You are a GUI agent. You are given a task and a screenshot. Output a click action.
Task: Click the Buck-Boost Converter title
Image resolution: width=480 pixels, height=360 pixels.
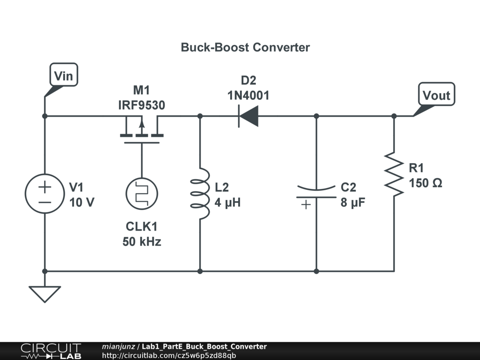tap(245, 47)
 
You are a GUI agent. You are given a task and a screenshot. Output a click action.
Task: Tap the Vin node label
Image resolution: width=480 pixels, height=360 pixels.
tap(64, 75)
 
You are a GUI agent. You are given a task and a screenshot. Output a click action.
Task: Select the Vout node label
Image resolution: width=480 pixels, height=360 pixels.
tap(436, 96)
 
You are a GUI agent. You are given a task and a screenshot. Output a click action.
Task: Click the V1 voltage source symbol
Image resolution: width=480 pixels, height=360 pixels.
tap(45, 194)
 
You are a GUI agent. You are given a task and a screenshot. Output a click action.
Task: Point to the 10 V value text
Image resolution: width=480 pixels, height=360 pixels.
tap(82, 203)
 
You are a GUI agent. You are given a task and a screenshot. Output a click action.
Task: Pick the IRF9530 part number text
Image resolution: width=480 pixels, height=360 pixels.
tap(142, 105)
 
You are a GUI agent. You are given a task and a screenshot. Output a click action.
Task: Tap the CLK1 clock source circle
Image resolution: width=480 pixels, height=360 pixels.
tap(142, 194)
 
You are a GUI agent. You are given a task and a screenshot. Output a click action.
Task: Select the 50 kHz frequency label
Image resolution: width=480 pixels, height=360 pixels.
tap(142, 242)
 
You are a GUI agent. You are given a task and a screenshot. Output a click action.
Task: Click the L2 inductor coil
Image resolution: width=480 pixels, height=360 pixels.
tap(200, 194)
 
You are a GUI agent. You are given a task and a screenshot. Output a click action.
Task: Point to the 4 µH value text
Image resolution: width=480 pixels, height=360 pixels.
tap(228, 203)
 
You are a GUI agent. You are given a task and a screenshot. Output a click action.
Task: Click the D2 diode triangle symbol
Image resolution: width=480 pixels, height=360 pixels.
tap(248, 116)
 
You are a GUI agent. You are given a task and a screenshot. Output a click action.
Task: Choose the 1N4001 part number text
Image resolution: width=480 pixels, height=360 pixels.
tap(248, 96)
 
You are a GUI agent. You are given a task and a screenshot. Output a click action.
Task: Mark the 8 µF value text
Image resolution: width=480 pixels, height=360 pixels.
tap(353, 203)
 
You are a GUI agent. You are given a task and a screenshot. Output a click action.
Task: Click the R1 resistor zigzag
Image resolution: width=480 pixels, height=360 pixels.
tap(394, 173)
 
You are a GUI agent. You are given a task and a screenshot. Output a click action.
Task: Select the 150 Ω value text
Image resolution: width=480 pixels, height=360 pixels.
tap(425, 183)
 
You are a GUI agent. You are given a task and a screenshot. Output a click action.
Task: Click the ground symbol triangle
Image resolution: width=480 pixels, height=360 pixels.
tap(45, 293)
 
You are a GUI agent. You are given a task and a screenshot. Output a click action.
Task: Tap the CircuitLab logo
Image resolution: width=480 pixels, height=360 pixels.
tap(51, 351)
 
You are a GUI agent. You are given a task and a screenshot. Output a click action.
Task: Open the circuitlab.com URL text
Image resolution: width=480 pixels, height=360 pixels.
tap(169, 355)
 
